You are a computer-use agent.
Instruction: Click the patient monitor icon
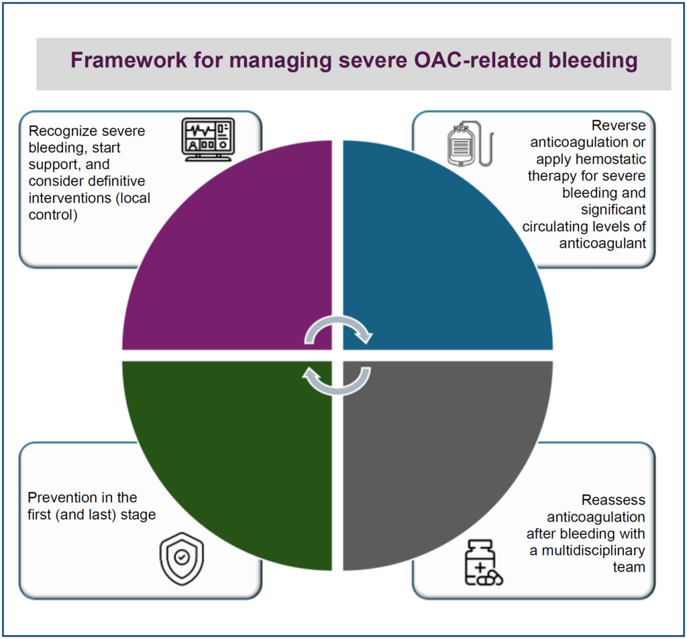(208, 139)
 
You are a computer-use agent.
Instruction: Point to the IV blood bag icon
(470, 143)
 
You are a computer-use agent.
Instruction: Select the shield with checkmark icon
(182, 559)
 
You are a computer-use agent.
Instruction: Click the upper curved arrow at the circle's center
(338, 322)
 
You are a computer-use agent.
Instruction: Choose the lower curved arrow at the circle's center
(337, 388)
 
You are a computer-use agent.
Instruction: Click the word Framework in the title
(129, 60)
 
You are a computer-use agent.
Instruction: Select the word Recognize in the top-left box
(59, 131)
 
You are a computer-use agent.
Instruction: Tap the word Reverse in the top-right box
(618, 125)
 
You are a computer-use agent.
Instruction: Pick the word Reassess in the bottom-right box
(613, 500)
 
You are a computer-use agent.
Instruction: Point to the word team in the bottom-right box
(629, 567)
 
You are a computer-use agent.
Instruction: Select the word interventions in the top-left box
(70, 198)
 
